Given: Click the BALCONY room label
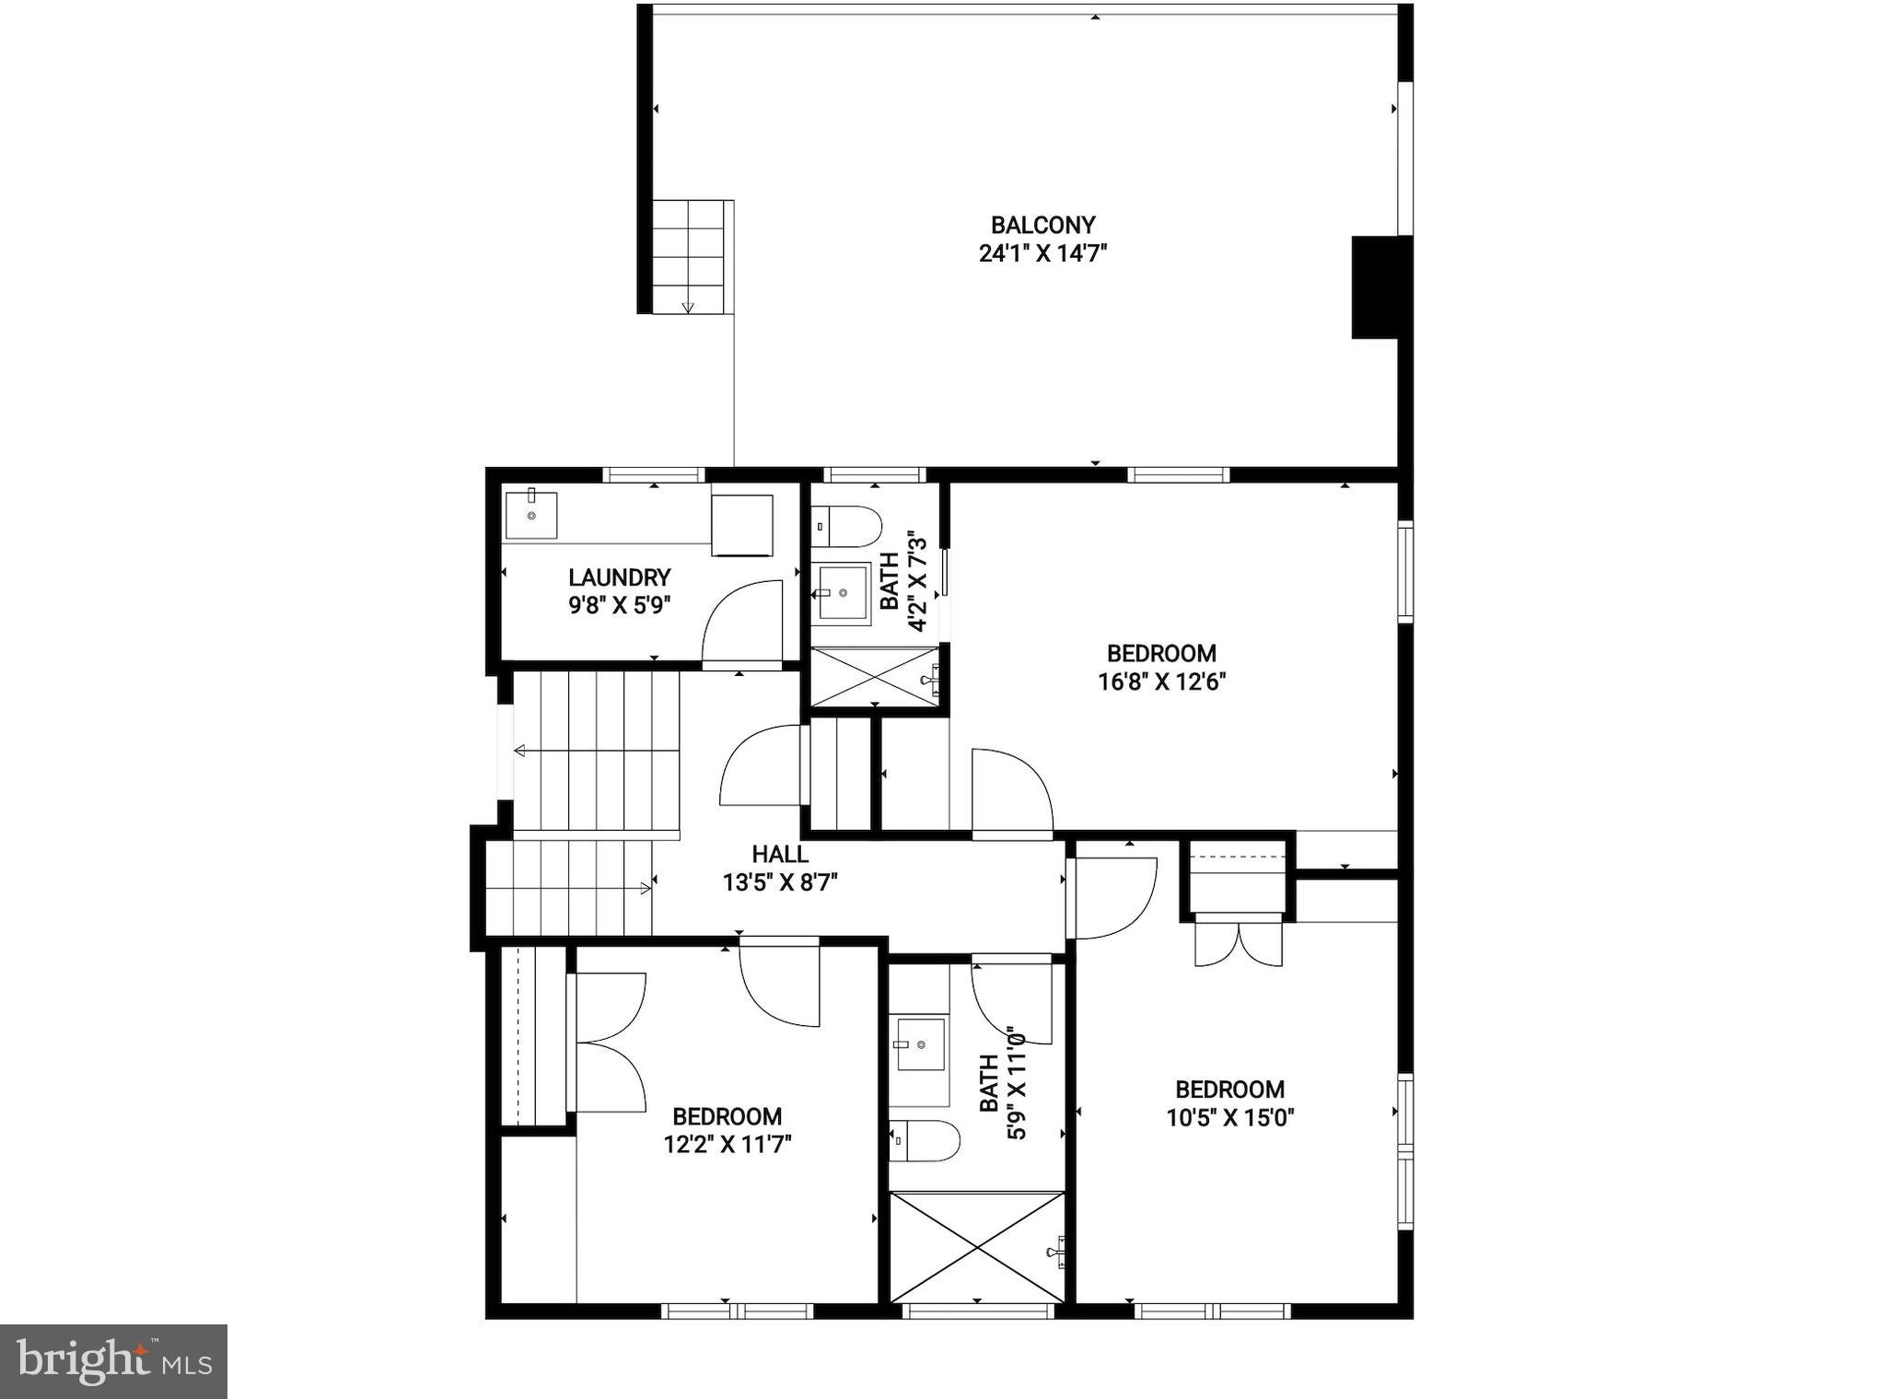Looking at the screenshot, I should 1042,225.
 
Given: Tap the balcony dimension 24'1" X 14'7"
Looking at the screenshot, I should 1042,253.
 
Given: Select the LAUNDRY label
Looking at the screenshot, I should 619,577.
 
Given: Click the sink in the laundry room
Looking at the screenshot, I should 531,515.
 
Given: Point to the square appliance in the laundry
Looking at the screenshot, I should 741,525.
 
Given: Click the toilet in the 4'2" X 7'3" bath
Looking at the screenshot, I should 847,526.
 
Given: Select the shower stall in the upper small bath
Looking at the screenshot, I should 874,677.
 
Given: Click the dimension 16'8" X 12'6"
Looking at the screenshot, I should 1161,682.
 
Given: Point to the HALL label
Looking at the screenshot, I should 780,854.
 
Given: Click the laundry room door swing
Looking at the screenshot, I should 742,621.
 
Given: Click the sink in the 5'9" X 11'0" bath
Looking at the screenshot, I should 920,1043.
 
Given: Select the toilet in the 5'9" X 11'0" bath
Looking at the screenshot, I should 925,1140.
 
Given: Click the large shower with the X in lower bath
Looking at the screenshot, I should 977,1247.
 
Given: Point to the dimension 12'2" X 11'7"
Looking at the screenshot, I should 728,1145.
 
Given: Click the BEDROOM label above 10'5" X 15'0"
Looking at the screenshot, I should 1229,1090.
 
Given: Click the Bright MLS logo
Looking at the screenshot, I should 113,1361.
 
